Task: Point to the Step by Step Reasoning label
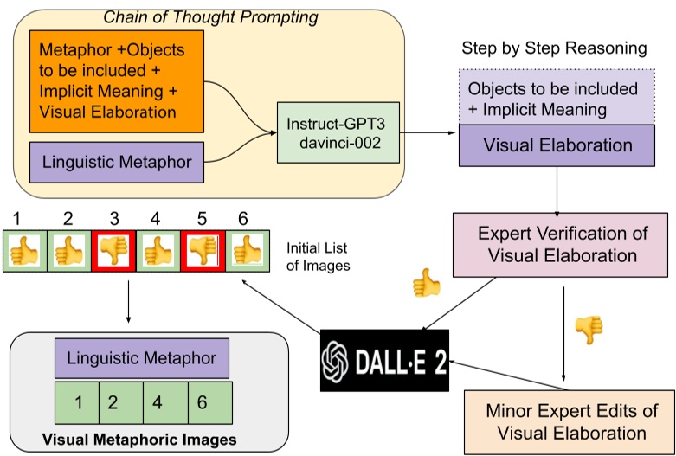click(553, 48)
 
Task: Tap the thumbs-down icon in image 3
click(113, 250)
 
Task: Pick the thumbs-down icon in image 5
click(203, 250)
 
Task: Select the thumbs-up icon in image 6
click(247, 250)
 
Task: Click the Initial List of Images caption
click(318, 257)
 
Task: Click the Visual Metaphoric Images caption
click(138, 440)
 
